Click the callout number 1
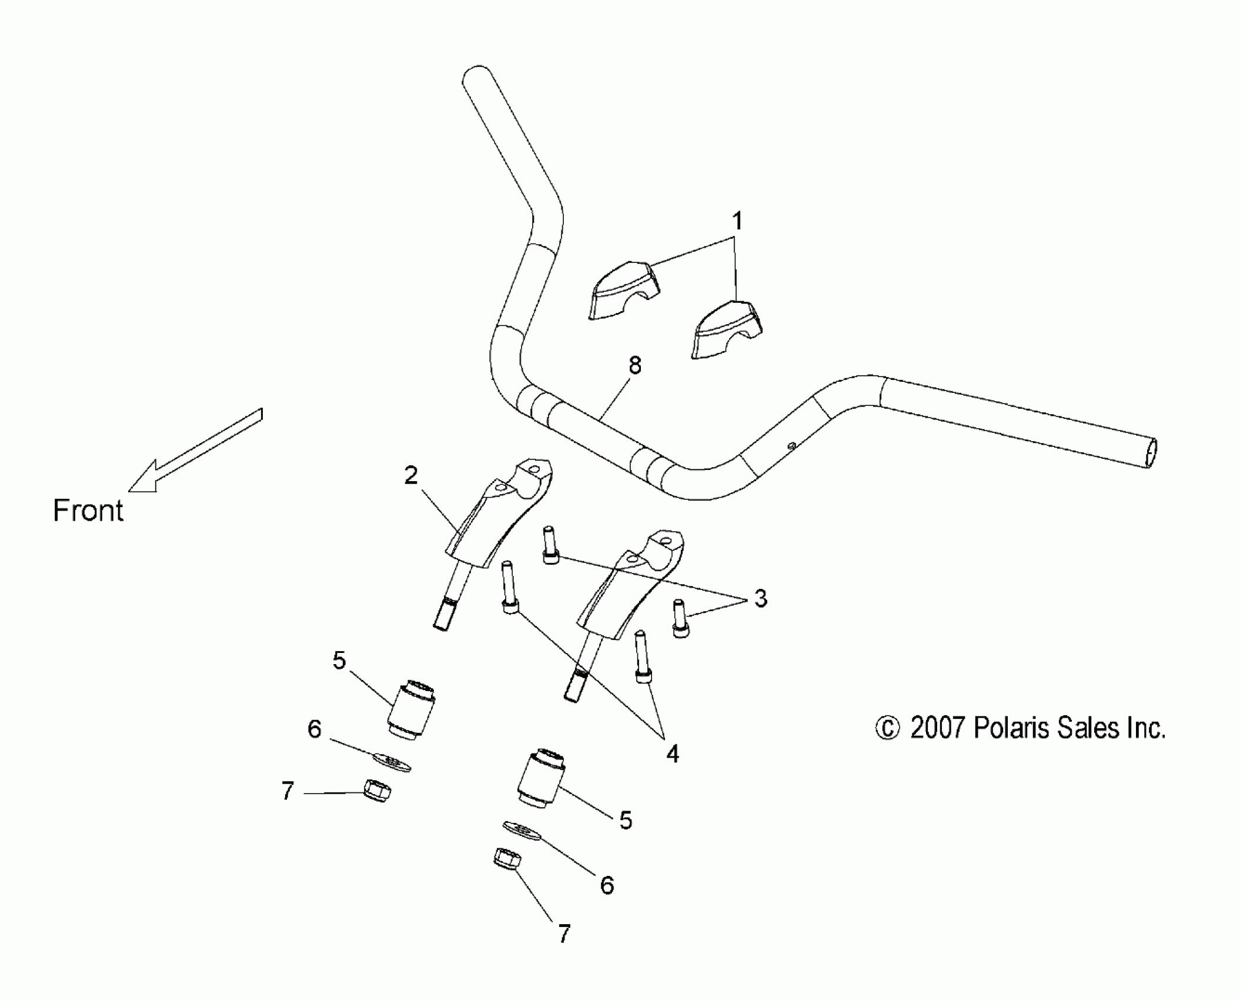pos(736,222)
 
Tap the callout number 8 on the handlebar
pos(634,366)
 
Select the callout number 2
pos(410,475)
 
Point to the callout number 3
pos(760,599)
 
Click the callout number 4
pos(672,754)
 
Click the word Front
pos(88,511)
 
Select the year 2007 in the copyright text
pos(937,728)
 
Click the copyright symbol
pos(887,729)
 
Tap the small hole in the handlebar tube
pos(791,446)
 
